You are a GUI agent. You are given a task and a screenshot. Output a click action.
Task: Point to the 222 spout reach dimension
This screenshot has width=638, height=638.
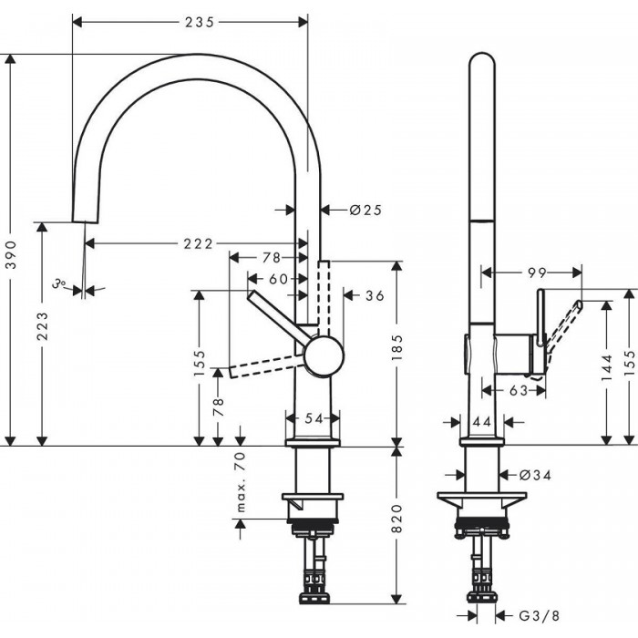pos(196,243)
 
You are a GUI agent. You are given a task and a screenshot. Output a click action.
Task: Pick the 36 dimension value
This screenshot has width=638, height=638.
pos(375,295)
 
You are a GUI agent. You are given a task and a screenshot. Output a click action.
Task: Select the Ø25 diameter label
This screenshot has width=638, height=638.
pos(365,211)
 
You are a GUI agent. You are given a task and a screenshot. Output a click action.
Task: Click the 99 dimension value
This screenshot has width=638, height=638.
pos(537,272)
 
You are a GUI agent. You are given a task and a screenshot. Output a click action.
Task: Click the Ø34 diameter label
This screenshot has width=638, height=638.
pos(537,475)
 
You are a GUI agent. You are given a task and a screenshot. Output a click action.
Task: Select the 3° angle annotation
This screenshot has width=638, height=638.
pos(60,285)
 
